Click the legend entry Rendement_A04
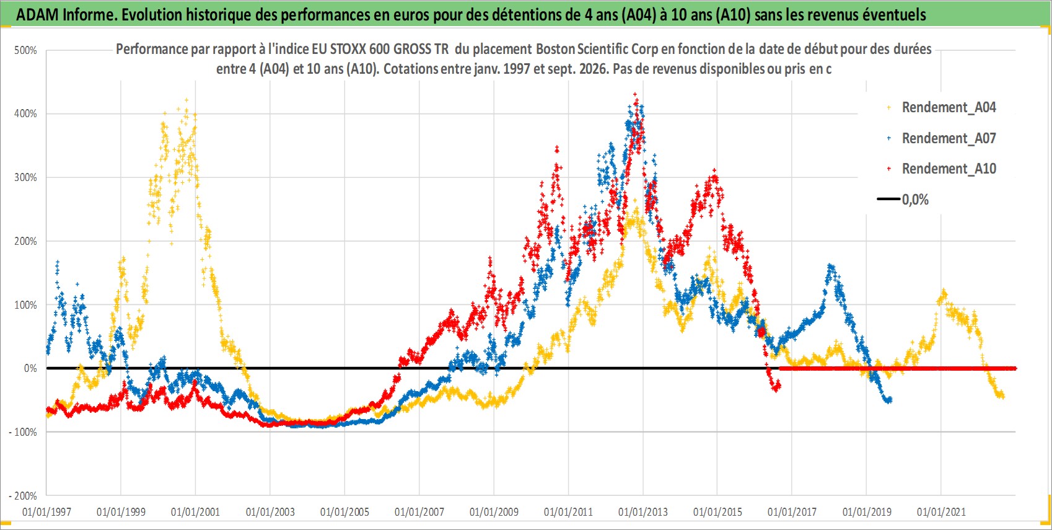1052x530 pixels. coord(949,108)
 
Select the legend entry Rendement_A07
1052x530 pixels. coord(949,138)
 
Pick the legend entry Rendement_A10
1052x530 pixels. coord(949,169)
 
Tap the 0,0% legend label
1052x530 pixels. coord(915,200)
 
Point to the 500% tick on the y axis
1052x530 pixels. coord(25,50)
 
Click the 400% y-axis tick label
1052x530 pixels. coord(25,113)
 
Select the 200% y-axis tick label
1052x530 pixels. coord(25,242)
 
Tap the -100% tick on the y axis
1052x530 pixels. coord(22,432)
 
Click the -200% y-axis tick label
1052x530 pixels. coord(22,496)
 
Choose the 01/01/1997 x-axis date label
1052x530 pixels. coord(46,511)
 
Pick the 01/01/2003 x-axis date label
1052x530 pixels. coord(270,511)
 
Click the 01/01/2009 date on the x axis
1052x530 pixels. coord(494,511)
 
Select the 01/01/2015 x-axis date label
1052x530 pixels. coord(717,511)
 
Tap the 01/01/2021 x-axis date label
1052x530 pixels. coord(941,511)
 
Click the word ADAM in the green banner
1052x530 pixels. coord(37,15)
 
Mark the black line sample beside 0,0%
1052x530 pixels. coord(888,199)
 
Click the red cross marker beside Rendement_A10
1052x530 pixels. coord(888,169)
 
